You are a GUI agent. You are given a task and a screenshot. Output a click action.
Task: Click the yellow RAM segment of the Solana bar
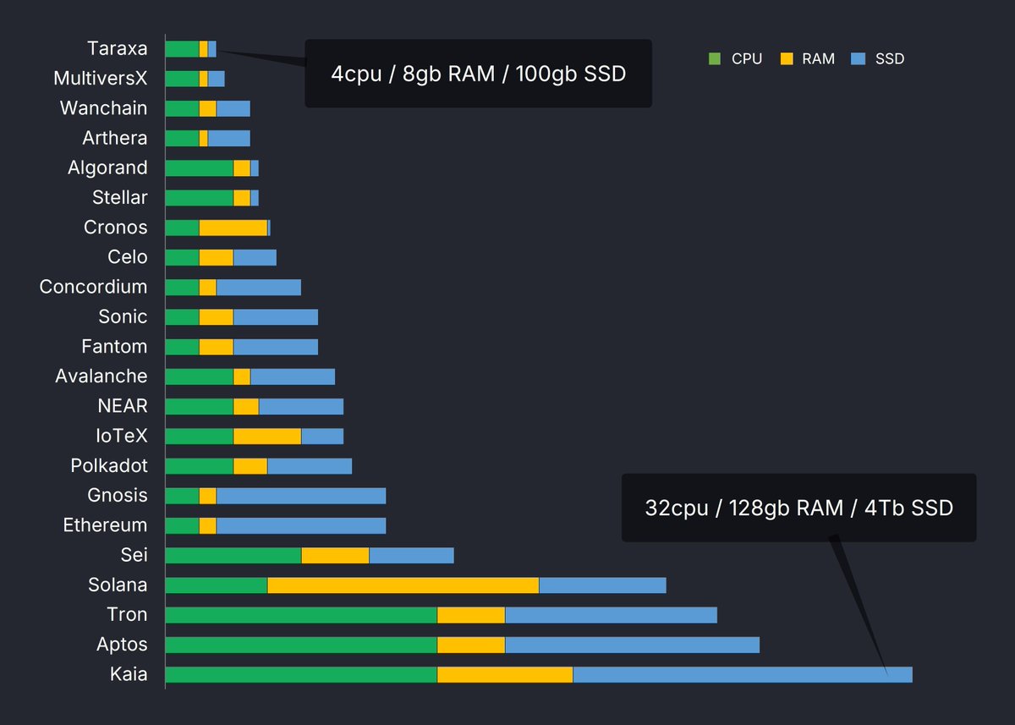(403, 585)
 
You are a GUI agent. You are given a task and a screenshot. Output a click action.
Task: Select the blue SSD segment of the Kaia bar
(742, 674)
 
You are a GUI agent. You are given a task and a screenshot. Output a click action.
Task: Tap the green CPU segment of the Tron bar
(301, 615)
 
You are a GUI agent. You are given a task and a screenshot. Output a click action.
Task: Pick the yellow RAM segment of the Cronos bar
(233, 228)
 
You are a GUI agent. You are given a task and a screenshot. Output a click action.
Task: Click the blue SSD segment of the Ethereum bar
(300, 525)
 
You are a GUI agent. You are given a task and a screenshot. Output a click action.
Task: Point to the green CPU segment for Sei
(233, 555)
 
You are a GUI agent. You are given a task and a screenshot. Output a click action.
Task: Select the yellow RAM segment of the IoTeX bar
(266, 436)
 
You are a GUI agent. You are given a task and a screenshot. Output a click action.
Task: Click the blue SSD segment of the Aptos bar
(632, 645)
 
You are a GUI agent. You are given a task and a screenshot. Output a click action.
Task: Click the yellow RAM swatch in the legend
(786, 59)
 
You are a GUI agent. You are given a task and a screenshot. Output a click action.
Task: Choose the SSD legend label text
(890, 59)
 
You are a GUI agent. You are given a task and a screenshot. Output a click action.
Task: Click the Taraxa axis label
(117, 48)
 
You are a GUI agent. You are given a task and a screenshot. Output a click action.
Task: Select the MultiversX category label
(100, 79)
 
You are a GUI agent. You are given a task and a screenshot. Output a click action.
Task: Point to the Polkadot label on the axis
(109, 465)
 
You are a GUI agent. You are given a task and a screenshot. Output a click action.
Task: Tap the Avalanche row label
(101, 376)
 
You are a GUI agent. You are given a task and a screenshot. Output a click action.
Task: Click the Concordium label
(93, 287)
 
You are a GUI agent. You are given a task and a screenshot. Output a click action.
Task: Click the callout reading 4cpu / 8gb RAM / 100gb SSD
(478, 74)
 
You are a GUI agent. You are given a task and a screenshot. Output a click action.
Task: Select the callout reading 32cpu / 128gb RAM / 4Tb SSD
(798, 508)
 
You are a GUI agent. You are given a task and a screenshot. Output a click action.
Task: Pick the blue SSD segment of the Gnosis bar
(300, 496)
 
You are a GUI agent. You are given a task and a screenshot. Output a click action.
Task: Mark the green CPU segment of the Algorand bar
(199, 168)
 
